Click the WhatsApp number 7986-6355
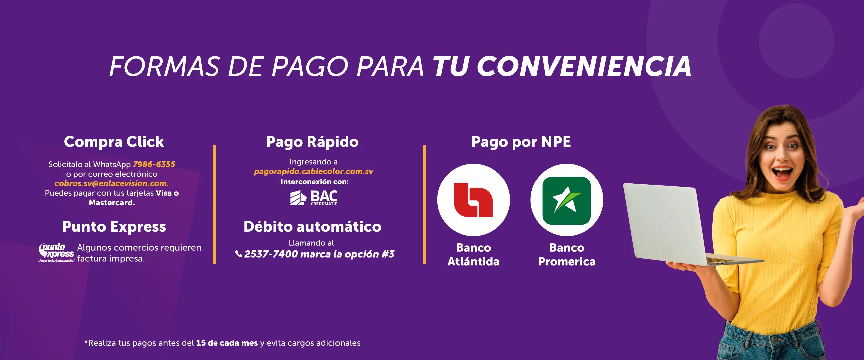[x=154, y=164]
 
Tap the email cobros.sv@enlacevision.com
[x=111, y=183]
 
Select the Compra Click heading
[x=114, y=142]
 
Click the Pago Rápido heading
[x=313, y=142]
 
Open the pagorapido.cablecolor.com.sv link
[x=314, y=171]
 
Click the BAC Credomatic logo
[x=314, y=198]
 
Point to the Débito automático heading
[x=313, y=227]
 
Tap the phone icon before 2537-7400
[x=238, y=254]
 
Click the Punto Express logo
[x=56, y=253]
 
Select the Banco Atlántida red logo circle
[x=473, y=200]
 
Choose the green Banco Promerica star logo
[x=567, y=200]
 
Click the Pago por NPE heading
[x=521, y=142]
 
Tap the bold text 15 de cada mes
[x=227, y=343]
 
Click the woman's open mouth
[x=782, y=173]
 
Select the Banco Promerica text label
[x=567, y=255]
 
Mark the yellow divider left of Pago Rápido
[x=214, y=205]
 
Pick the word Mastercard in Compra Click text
[x=112, y=203]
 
